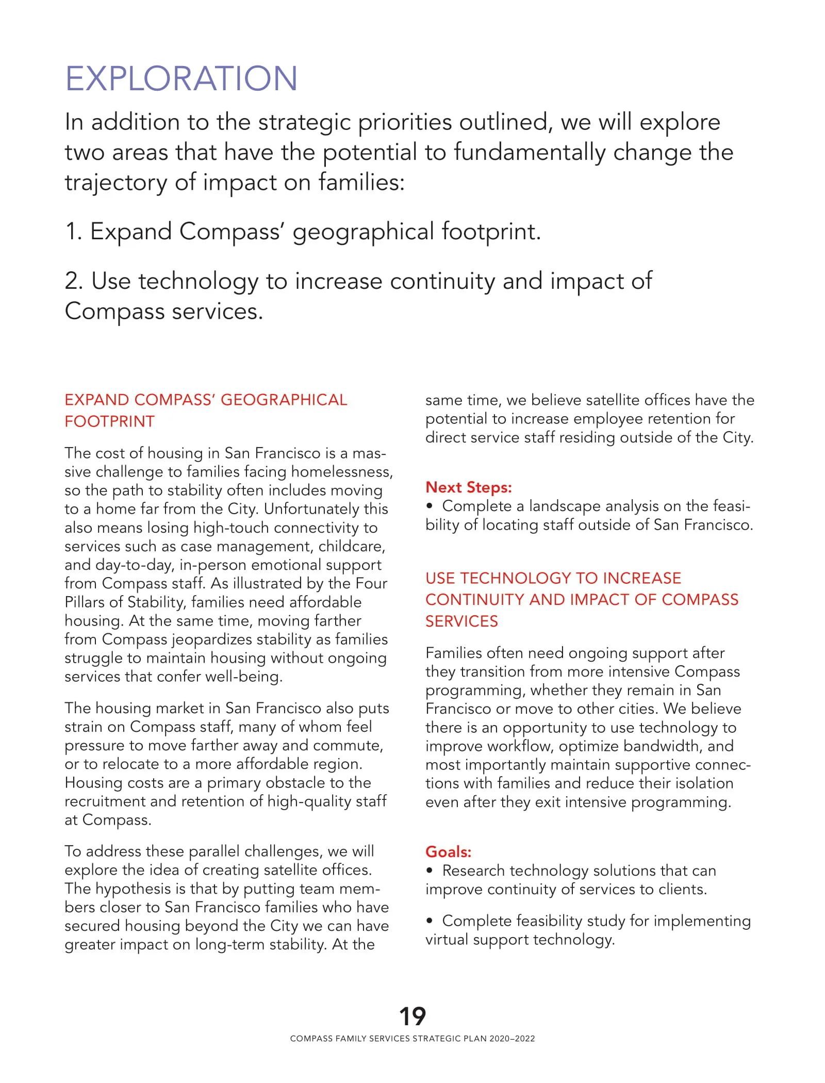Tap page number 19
click(x=412, y=1016)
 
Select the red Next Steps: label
click(x=468, y=487)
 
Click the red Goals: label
click(x=448, y=851)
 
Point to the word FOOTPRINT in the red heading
click(x=109, y=421)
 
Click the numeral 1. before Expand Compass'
click(x=73, y=232)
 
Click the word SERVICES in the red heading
click(x=461, y=621)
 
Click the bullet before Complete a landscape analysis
click(x=429, y=506)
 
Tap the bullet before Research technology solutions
click(x=429, y=871)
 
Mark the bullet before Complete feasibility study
click(x=429, y=921)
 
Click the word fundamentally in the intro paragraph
click(x=530, y=152)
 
